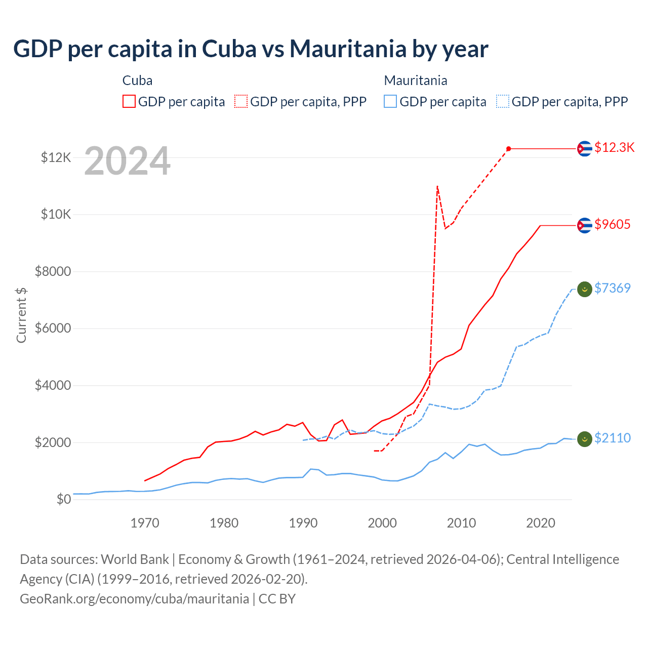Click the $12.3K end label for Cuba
click(x=614, y=147)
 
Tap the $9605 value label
click(x=612, y=224)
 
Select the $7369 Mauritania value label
click(x=612, y=288)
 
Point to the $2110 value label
click(x=612, y=438)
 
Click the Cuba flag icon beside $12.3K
click(x=585, y=149)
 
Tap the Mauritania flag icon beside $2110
click(x=585, y=439)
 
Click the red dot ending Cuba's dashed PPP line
click(x=509, y=149)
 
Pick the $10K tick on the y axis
click(x=56, y=215)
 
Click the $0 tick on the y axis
click(x=64, y=500)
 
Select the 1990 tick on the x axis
click(x=303, y=523)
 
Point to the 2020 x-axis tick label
click(x=541, y=523)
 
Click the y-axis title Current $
click(x=21, y=315)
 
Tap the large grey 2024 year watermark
click(x=127, y=161)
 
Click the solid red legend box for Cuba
click(x=129, y=101)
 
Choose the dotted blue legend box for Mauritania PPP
click(x=503, y=101)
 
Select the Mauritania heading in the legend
click(x=416, y=80)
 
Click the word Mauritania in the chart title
click(x=348, y=49)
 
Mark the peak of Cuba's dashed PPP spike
click(x=437, y=186)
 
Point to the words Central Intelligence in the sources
click(x=562, y=559)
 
